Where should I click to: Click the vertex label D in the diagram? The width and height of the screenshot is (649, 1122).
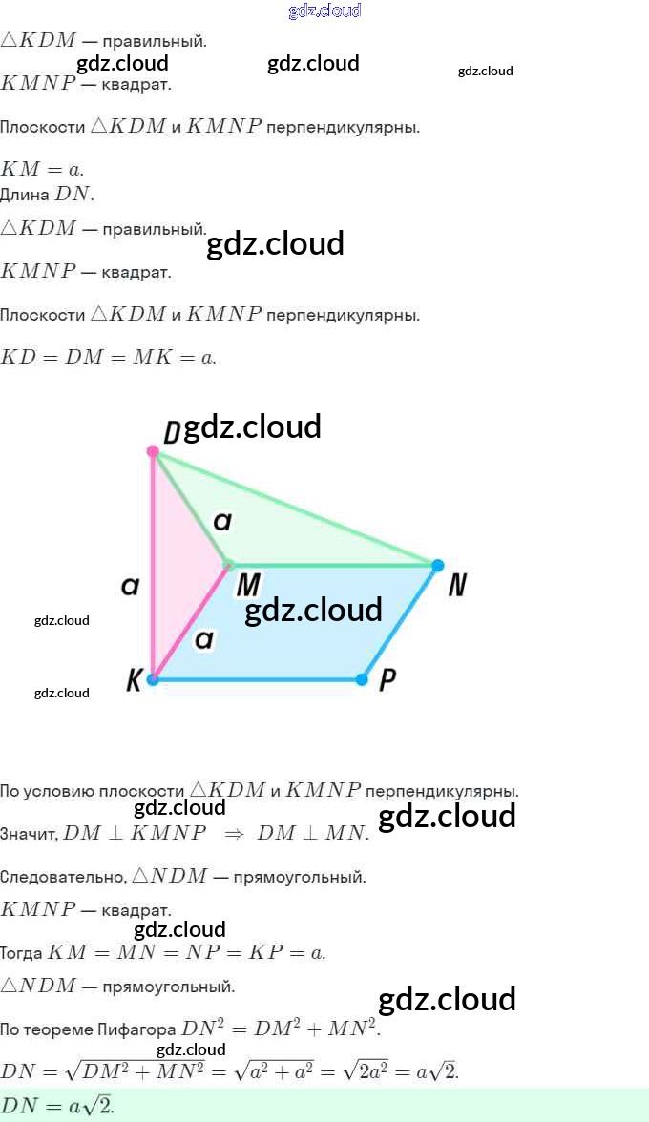tap(172, 432)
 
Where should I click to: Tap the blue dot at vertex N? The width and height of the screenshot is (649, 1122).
tap(437, 566)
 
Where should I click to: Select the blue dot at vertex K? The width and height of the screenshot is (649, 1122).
tap(153, 679)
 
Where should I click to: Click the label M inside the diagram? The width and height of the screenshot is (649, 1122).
tap(248, 584)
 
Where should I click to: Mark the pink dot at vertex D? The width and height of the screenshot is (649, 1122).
tap(153, 450)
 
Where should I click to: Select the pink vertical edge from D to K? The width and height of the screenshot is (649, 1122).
tap(153, 572)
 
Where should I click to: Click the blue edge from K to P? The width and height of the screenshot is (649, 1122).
tap(258, 679)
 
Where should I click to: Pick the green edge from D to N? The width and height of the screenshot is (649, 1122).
tap(296, 508)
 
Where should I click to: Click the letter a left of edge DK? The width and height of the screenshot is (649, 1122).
tap(131, 586)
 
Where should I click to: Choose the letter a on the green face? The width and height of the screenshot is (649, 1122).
tap(221, 521)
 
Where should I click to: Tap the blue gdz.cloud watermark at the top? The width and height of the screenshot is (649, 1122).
tap(324, 10)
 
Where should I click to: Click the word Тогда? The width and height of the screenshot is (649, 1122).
tap(21, 953)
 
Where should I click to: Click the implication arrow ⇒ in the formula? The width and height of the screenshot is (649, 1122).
tap(234, 833)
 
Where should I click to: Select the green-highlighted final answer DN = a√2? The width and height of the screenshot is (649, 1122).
tap(57, 1106)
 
